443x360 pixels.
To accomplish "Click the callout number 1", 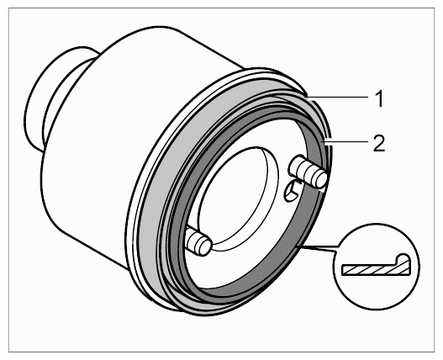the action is (x=380, y=98).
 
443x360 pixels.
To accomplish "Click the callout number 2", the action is (x=379, y=143).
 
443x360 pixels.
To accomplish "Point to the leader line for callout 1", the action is (x=338, y=98).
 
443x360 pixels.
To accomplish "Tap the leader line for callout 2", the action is (x=347, y=141).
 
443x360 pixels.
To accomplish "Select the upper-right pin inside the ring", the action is (x=308, y=171).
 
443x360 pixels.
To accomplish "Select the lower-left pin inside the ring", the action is (x=198, y=241).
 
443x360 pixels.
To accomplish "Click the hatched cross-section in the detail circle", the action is (x=376, y=267).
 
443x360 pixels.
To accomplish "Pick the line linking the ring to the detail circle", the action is (x=320, y=248).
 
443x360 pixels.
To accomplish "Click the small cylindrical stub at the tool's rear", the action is (x=56, y=99).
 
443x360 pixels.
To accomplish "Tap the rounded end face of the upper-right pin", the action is (x=319, y=178).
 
